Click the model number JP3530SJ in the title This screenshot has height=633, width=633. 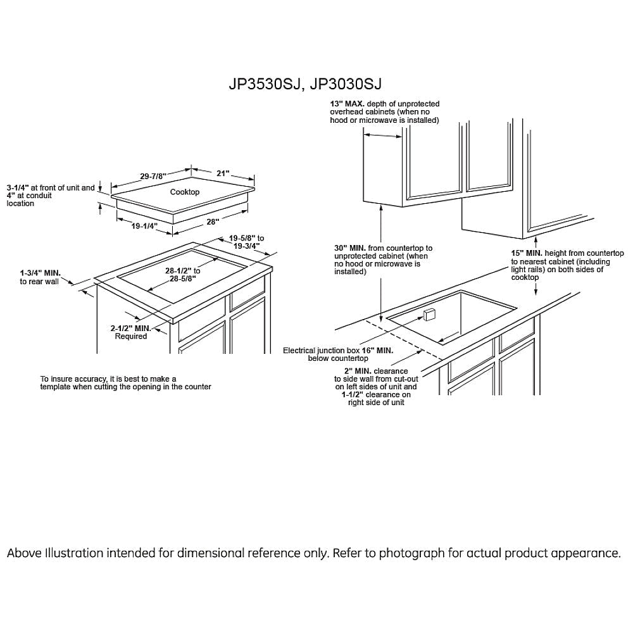(x=263, y=84)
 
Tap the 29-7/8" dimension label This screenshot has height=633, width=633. (x=153, y=176)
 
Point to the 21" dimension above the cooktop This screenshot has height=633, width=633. (x=222, y=173)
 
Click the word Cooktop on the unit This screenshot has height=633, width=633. (x=185, y=192)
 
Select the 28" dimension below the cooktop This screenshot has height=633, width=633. (x=212, y=222)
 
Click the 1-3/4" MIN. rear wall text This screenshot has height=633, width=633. (x=40, y=273)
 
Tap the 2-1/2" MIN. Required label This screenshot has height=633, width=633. (x=130, y=329)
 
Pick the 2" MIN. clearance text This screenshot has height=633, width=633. (x=358, y=371)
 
